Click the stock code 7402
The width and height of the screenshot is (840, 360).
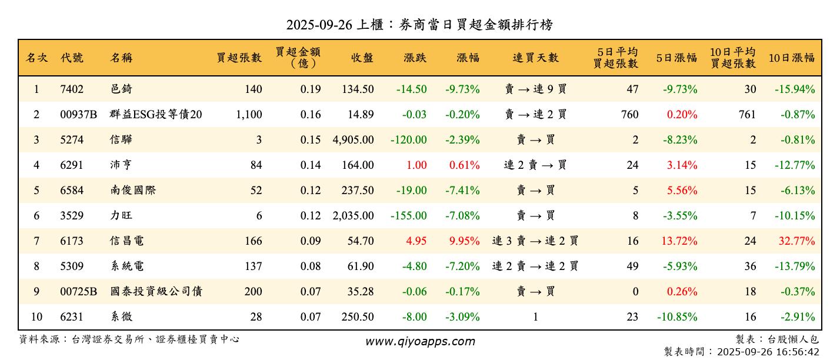tap(72, 89)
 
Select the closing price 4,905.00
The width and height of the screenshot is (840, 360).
tap(353, 140)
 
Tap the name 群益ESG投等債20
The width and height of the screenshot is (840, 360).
tap(156, 115)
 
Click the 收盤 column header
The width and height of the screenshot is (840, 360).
tap(362, 58)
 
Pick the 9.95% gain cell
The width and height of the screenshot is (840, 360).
tap(465, 241)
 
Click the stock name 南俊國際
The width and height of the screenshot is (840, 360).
tap(133, 191)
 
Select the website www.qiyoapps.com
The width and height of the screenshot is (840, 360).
tap(420, 342)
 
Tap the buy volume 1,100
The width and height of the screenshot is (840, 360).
tap(249, 115)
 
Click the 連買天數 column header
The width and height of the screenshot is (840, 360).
tap(535, 58)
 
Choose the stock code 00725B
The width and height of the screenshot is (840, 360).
tap(78, 292)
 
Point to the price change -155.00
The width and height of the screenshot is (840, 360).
tap(409, 216)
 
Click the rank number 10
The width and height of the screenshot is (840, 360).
tap(36, 317)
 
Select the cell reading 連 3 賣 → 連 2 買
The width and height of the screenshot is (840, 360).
tap(535, 241)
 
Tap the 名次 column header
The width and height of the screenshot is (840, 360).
tap(36, 58)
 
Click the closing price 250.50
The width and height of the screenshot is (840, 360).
tap(358, 317)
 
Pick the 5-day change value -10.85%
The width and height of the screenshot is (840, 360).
tap(677, 317)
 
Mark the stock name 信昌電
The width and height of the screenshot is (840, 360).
tap(127, 241)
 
